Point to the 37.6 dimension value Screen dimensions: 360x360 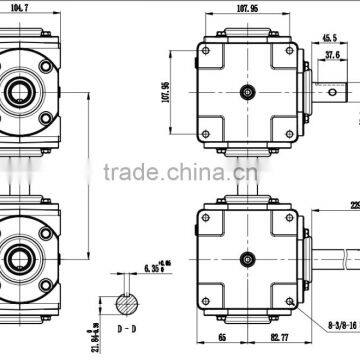(x=331, y=56)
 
